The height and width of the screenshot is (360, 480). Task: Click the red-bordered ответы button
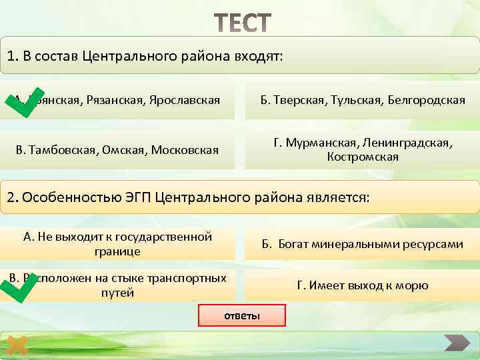click(242, 315)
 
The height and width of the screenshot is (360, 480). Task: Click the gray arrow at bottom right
click(457, 343)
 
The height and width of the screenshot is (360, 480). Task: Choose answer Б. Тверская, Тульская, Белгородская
click(363, 100)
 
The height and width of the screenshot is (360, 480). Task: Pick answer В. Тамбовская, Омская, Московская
click(117, 149)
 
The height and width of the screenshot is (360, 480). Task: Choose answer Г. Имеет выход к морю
click(363, 285)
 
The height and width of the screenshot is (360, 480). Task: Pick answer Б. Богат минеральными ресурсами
click(363, 244)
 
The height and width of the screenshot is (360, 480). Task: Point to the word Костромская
click(363, 157)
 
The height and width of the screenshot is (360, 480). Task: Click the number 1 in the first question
click(12, 57)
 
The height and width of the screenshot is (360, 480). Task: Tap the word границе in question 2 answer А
click(117, 251)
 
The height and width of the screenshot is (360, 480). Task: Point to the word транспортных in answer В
click(190, 278)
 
